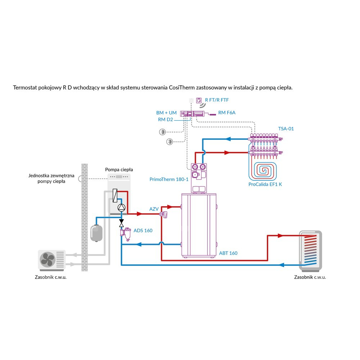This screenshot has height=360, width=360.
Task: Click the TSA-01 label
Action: coord(286,129)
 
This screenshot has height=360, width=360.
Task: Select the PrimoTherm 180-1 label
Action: coord(169,179)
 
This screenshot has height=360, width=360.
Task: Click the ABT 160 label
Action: coord(228,253)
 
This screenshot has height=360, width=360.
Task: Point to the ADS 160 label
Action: coord(143,230)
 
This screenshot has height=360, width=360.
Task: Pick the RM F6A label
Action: coord(227,113)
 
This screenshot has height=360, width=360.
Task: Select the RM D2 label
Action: coord(166,119)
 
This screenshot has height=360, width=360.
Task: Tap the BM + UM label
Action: coord(167,113)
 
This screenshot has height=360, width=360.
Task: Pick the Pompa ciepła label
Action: coord(119,169)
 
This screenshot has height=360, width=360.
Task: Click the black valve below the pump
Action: coord(122,222)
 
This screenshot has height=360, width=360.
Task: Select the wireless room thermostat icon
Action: coord(198,101)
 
